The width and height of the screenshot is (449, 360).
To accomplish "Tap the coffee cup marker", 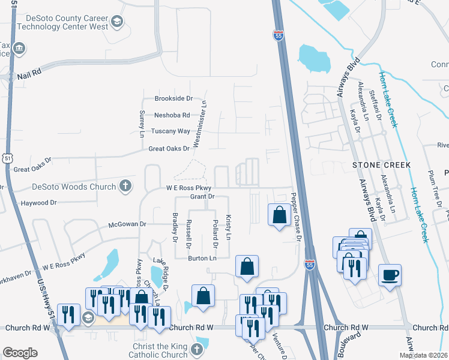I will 390,275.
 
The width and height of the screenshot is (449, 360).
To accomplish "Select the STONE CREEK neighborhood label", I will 381,164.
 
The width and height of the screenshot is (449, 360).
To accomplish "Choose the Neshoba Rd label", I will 172,115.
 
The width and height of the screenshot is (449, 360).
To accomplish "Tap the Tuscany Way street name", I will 170,131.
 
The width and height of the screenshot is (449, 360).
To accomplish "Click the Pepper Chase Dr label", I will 295,216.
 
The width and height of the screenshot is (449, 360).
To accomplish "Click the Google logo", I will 20,353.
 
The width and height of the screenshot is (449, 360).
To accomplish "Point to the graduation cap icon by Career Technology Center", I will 117,23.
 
